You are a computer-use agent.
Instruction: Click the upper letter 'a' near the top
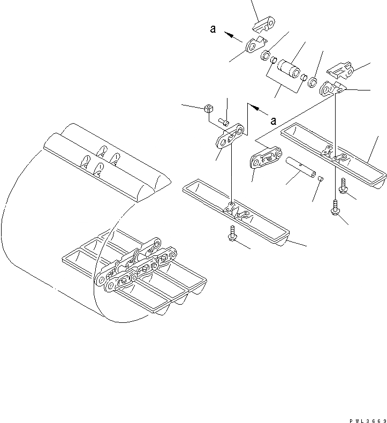213,30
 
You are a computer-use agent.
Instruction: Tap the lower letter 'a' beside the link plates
273,120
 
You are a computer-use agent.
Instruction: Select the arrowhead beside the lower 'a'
256,109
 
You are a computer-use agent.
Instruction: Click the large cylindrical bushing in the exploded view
290,70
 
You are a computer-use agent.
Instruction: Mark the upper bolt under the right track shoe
343,189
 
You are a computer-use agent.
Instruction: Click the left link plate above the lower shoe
229,137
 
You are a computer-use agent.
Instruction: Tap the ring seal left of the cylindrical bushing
265,56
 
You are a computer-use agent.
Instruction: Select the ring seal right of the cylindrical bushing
313,84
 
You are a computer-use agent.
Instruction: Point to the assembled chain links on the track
136,266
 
